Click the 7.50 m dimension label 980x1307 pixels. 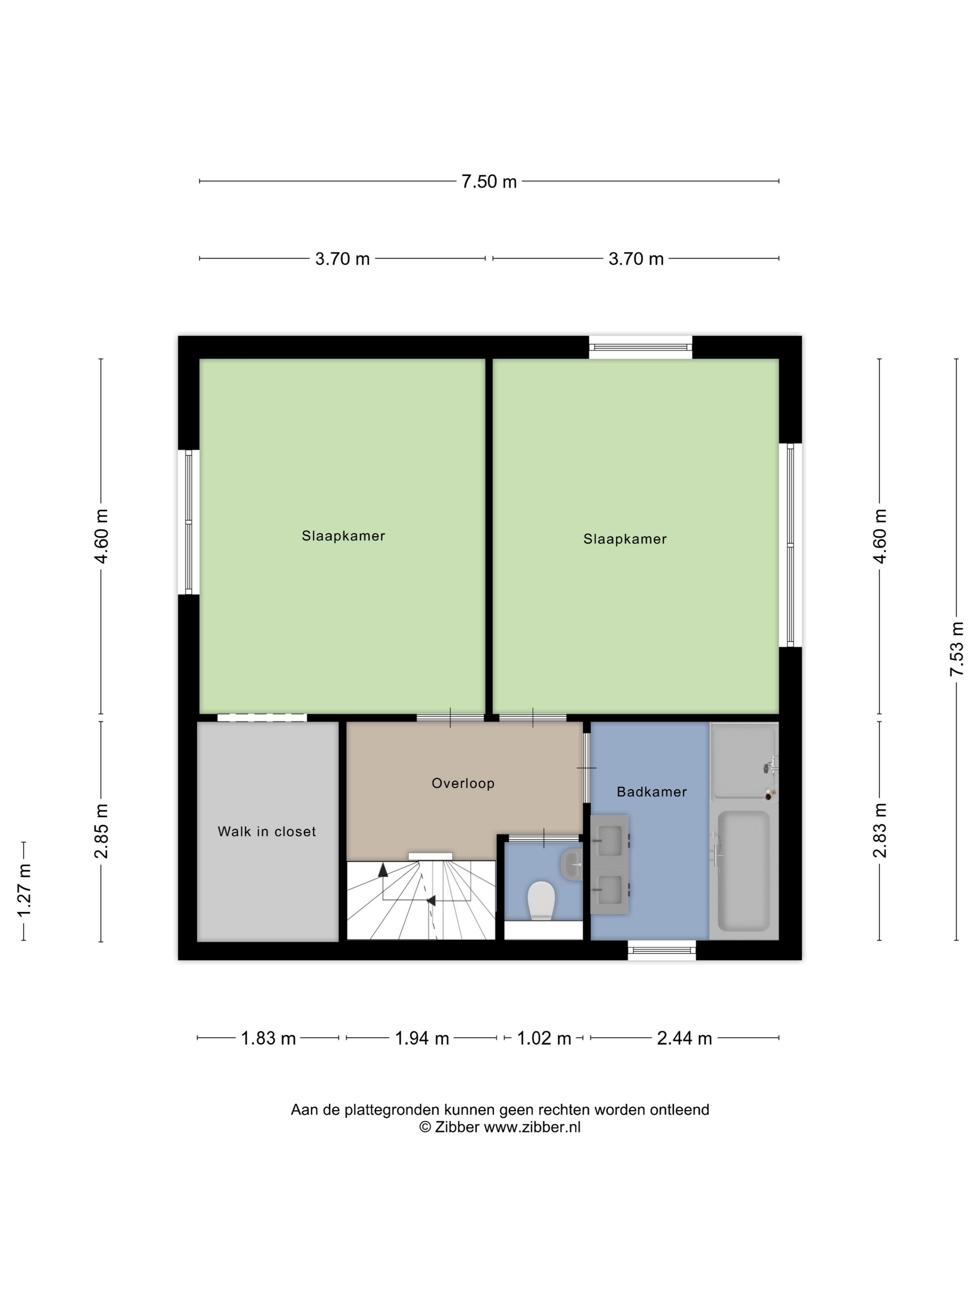point(489,182)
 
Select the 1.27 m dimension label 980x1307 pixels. point(24,891)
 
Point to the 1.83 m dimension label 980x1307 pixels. point(268,1038)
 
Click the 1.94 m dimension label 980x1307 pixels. point(422,1038)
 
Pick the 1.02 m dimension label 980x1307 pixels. point(544,1038)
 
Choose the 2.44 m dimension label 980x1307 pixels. point(684,1038)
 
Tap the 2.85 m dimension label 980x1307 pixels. point(101,831)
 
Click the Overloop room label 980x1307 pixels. point(462,783)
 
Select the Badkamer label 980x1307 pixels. point(651,792)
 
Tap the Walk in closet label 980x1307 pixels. point(266,831)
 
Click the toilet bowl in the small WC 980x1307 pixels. point(541,900)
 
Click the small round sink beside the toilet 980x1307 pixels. point(571,864)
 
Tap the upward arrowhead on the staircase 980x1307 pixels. point(383,869)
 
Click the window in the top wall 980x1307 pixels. point(640,347)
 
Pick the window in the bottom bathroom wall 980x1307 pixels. point(662,950)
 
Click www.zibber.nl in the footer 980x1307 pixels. point(532,1127)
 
